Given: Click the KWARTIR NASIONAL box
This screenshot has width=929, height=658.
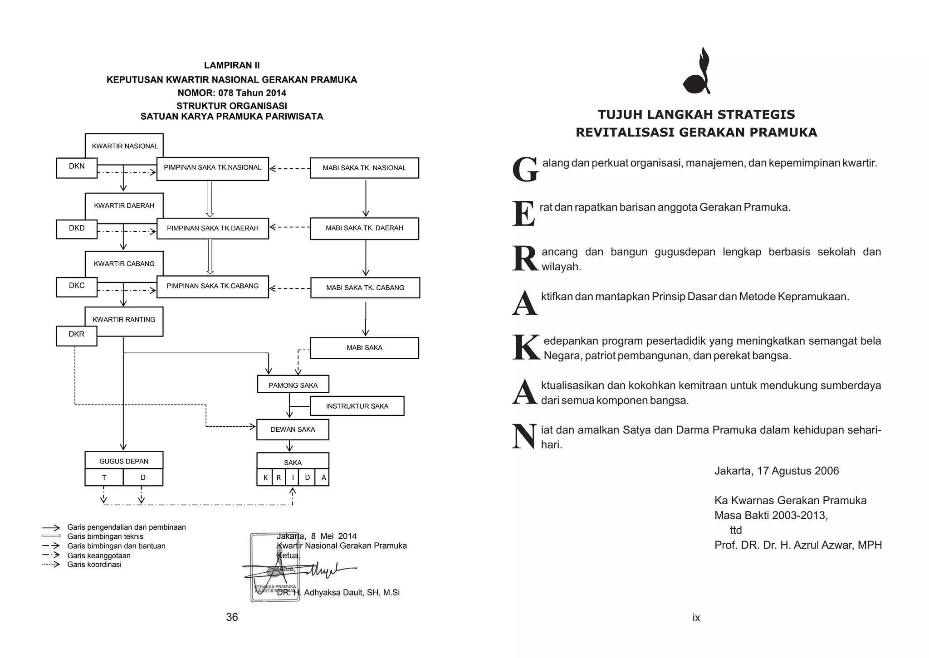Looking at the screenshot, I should tap(124, 146).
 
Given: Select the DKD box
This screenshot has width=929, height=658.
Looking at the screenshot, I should tap(77, 229).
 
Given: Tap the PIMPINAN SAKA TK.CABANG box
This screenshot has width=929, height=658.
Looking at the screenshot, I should tap(212, 286).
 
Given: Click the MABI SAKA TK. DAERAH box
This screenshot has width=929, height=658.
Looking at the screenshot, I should tap(364, 228).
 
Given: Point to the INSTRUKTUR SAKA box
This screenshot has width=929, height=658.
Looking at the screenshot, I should tap(357, 406).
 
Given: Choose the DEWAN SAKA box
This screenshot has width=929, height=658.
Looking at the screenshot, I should tap(293, 429).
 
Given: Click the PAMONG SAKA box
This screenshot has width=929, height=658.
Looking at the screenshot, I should tap(293, 385).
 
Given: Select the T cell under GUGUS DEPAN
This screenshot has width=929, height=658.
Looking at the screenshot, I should tap(104, 478).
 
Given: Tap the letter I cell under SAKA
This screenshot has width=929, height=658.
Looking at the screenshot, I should tap(293, 478).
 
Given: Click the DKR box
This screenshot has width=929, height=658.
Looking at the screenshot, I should tap(76, 335).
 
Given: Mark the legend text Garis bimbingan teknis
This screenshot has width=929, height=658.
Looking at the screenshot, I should tap(105, 536).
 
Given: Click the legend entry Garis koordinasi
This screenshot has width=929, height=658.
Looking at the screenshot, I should tap(94, 565).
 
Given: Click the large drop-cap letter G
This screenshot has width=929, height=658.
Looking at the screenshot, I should tap(525, 170).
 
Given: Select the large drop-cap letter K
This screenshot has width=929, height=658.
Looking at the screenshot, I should tap(525, 347).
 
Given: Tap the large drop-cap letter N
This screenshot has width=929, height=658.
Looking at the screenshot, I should tap(524, 436).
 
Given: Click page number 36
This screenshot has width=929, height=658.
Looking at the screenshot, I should tap(232, 617).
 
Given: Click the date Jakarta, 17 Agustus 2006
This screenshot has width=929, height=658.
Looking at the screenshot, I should tap(776, 471).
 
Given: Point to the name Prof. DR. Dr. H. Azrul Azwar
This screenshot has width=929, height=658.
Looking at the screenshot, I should tap(797, 545).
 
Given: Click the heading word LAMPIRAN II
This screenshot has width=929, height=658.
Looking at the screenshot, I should tap(232, 65).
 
